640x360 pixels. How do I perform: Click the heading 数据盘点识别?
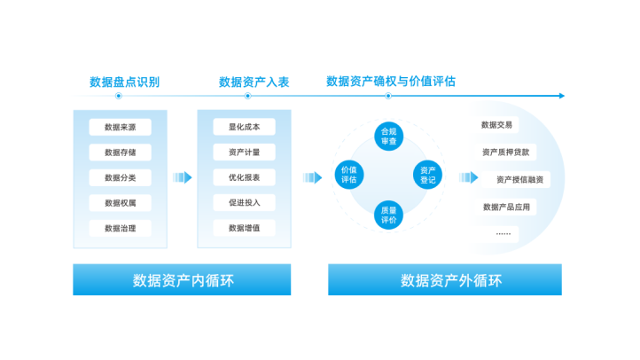(x=124, y=82)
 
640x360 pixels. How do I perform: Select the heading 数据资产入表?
(x=254, y=82)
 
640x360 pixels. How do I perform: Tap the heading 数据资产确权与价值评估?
(x=391, y=81)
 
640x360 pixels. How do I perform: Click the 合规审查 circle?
(x=388, y=136)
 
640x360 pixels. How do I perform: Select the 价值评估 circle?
(x=348, y=174)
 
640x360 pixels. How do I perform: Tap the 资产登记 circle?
(x=428, y=174)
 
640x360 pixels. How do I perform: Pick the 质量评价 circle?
(x=388, y=215)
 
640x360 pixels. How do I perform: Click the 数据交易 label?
(x=496, y=125)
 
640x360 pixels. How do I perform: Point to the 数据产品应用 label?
(x=506, y=207)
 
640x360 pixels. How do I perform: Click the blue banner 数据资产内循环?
(x=182, y=280)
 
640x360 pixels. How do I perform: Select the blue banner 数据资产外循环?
(x=445, y=280)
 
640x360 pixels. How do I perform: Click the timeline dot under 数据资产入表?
(x=247, y=96)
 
